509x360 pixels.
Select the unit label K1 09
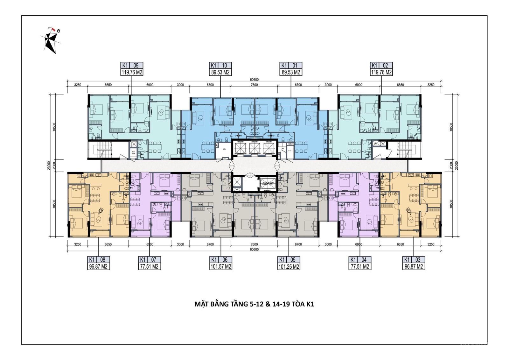tap(132, 66)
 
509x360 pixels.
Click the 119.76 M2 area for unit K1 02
tap(381, 72)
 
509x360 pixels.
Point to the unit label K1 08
tap(99, 259)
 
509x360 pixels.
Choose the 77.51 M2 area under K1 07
tap(149, 266)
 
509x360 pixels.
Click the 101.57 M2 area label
tap(221, 266)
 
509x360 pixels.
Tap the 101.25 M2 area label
tap(289, 266)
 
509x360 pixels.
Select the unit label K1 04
tap(359, 259)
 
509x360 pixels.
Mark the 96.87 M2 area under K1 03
tap(414, 266)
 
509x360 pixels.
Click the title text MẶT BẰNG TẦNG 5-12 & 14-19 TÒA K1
tap(254, 304)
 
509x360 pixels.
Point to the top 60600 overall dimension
tap(254, 80)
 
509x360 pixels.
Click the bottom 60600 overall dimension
tap(254, 250)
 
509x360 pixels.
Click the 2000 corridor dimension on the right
tap(451, 165)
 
